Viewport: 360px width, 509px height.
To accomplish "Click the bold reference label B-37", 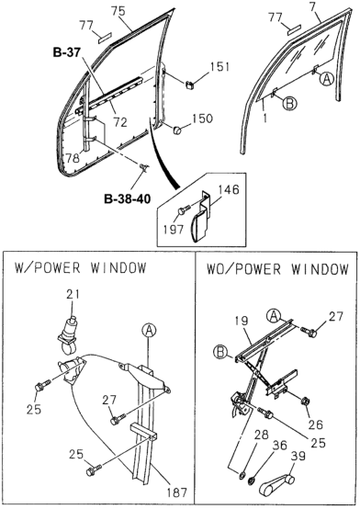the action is coord(66,52).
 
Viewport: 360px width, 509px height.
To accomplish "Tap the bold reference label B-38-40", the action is coord(128,198).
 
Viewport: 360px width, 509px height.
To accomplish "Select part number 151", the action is coord(219,67).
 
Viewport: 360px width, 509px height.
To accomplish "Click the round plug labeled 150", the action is coord(177,130).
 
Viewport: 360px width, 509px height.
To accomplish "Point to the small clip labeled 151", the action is coord(189,85).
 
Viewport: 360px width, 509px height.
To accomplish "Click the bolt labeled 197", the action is coord(183,210).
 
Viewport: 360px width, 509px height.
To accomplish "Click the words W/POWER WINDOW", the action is coord(80,268).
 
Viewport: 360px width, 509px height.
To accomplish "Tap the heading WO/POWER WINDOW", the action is coord(277,269).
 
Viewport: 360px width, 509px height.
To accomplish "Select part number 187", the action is coord(177,492).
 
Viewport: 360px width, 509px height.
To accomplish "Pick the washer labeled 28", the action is coord(242,476).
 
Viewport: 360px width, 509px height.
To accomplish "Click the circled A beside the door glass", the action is coord(327,79).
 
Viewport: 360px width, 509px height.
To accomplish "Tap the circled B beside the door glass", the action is coord(289,104).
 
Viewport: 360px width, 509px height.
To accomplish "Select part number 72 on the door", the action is coord(120,121).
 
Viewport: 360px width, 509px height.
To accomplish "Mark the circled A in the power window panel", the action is coord(149,331).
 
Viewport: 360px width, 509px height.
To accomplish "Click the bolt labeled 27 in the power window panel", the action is coord(118,419).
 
